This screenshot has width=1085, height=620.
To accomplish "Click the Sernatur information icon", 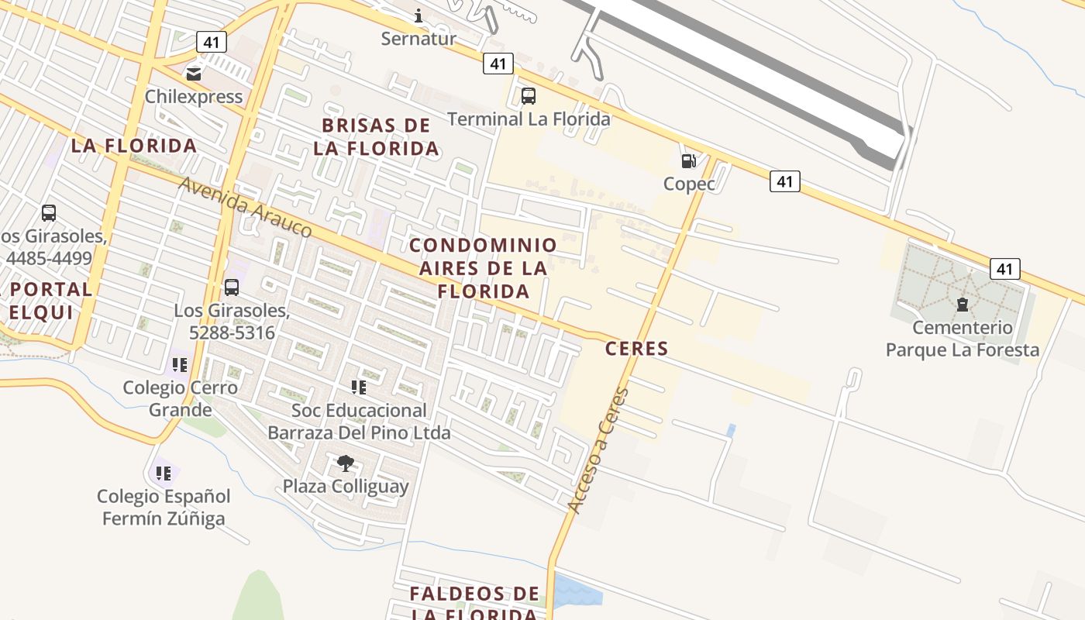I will click(x=418, y=15).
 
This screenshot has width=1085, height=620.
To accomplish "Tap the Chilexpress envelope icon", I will click(x=193, y=74).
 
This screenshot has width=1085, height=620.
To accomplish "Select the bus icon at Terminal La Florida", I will click(x=529, y=96).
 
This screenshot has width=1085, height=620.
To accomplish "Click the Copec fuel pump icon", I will click(x=688, y=161).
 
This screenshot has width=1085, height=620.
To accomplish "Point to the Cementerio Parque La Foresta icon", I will click(x=963, y=305).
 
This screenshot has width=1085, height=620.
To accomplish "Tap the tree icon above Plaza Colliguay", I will click(x=346, y=463).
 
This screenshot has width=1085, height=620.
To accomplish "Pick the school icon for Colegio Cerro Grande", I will click(x=180, y=364).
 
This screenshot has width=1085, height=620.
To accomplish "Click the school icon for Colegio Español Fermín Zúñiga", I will click(x=164, y=473).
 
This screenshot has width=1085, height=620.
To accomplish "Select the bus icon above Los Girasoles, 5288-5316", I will click(x=231, y=288).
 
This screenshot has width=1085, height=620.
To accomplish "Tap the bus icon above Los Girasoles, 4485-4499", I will click(x=49, y=212).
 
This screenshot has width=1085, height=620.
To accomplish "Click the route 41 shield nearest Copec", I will click(x=785, y=181).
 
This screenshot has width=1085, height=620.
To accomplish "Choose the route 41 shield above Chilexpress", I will click(x=211, y=42).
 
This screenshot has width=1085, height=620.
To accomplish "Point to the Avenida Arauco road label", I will click(x=245, y=207).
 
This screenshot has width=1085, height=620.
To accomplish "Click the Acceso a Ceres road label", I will click(x=598, y=449).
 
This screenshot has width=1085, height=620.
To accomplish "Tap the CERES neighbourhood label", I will click(x=636, y=349).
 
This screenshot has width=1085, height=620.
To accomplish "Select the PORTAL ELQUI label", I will click(x=50, y=301).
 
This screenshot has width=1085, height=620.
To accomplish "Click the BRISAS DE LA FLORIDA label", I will click(x=377, y=137).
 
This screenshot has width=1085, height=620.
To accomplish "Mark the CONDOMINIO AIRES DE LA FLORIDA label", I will click(x=483, y=268).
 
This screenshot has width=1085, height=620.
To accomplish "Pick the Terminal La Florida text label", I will click(x=529, y=119).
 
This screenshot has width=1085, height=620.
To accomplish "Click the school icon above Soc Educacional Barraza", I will click(x=358, y=387).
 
